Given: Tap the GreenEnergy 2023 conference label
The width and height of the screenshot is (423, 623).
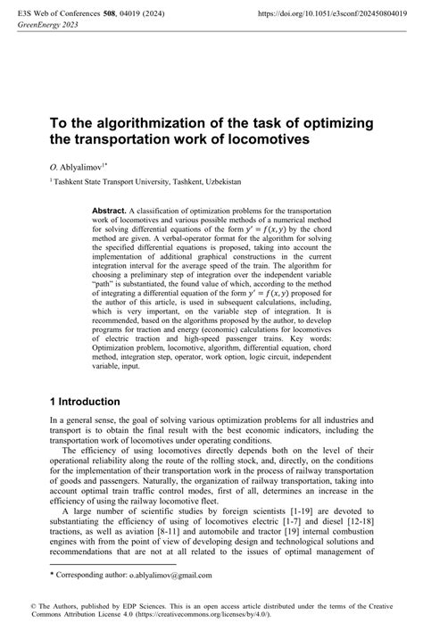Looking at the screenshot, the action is point(43,27).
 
